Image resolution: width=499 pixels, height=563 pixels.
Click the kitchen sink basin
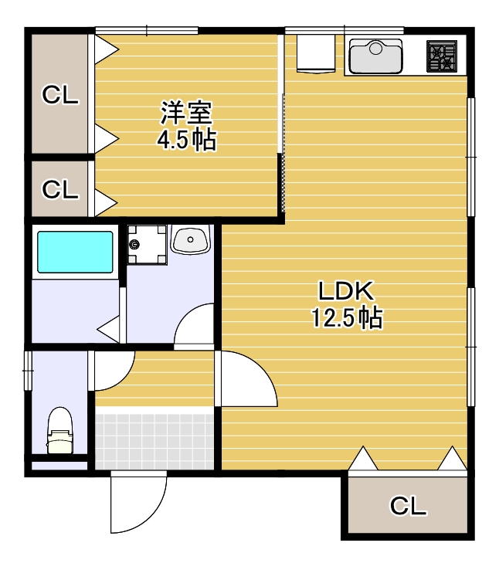(375, 56)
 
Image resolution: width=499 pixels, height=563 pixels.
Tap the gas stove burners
(442, 56)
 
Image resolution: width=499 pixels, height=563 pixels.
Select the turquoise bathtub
(75, 252)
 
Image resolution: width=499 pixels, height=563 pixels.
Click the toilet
(60, 430)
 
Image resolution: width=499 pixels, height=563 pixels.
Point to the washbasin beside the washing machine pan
(190, 239)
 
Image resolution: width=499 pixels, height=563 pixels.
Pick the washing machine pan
(147, 245)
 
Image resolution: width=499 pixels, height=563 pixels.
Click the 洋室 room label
(186, 113)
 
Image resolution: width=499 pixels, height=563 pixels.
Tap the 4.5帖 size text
(187, 140)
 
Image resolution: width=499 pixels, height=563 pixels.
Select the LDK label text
(346, 291)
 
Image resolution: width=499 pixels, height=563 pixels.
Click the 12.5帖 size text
(347, 317)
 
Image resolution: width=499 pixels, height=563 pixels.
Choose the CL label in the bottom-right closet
(408, 506)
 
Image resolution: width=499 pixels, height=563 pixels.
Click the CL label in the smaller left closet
(60, 189)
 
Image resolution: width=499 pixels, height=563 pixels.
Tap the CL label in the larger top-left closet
(60, 95)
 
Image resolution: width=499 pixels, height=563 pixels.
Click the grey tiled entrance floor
(154, 442)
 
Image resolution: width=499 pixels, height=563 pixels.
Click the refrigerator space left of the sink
(316, 54)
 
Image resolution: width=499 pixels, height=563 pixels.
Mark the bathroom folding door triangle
(109, 329)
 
